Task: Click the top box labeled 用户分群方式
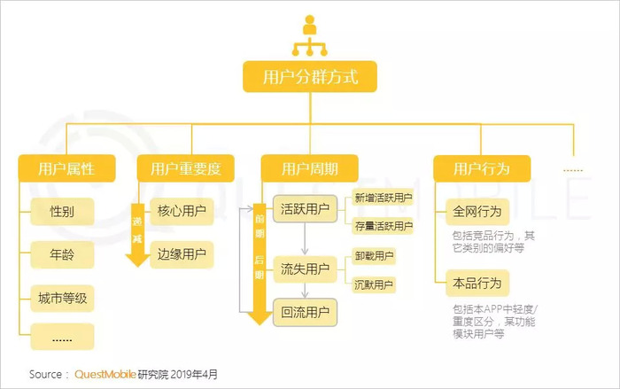[x=310, y=76]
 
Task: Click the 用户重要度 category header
[x=185, y=167]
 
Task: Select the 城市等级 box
[x=61, y=295]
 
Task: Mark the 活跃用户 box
[x=305, y=210]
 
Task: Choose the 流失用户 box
[x=305, y=268]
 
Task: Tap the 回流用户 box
[x=305, y=312]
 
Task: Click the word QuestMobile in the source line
[x=105, y=374]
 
